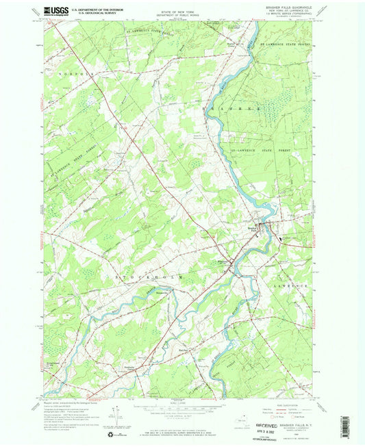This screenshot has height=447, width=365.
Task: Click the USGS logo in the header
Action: click(54, 10)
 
